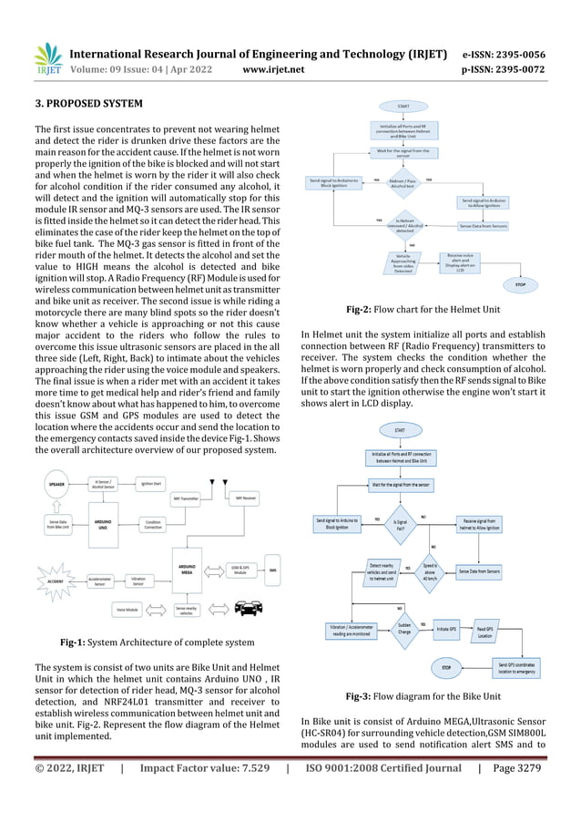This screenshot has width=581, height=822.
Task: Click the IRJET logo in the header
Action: click(47, 60)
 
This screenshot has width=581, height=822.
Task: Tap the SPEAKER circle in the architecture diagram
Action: click(56, 486)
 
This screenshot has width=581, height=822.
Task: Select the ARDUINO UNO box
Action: click(104, 525)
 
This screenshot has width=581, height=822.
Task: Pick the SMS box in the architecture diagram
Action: click(272, 571)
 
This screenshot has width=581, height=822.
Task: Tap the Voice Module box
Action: click(127, 609)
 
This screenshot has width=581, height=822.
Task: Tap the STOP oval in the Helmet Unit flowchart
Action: click(520, 284)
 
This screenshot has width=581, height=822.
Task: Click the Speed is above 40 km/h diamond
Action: click(431, 570)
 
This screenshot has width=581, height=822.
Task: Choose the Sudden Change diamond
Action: click(404, 629)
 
